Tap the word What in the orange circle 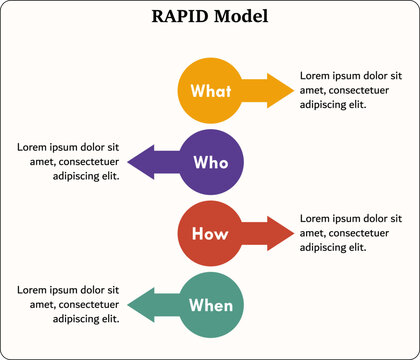point(211,91)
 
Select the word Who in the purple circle point(211,161)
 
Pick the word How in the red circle point(211,234)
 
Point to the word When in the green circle point(211,305)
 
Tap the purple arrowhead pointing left point(140,161)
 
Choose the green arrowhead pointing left point(140,305)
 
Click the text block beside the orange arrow point(351,90)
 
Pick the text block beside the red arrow point(351,232)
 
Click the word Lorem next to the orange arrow point(317,76)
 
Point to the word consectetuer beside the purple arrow point(87,162)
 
